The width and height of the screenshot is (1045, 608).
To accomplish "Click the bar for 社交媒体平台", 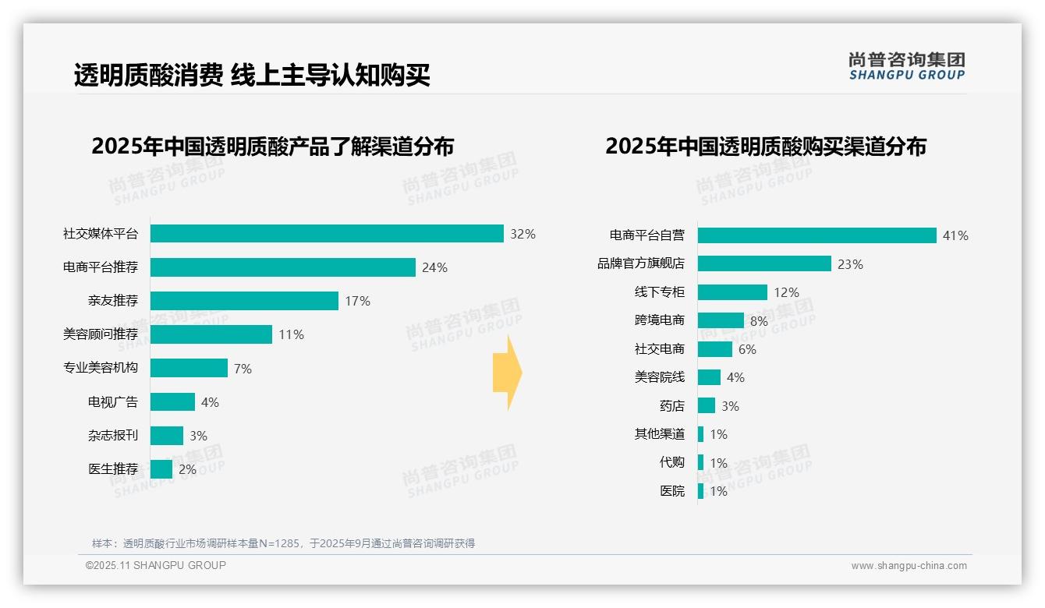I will click(x=327, y=234).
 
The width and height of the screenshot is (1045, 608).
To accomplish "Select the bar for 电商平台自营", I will click(x=817, y=235).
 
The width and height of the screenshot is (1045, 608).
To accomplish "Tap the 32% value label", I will click(x=522, y=234).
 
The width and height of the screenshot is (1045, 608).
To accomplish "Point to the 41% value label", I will click(x=955, y=235).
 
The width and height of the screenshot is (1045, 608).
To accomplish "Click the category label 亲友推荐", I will click(x=112, y=301).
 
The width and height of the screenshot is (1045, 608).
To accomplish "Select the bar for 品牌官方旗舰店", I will click(x=764, y=264).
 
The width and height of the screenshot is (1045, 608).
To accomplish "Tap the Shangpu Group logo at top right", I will click(x=906, y=66).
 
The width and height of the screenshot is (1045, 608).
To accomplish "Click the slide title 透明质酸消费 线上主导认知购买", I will click(x=252, y=76).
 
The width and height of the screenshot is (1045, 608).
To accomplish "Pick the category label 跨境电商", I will click(x=659, y=320).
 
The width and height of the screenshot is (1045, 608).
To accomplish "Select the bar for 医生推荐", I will click(x=161, y=469).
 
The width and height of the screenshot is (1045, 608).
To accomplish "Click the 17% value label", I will click(x=357, y=301).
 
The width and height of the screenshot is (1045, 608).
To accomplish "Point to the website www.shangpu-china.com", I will click(x=909, y=566).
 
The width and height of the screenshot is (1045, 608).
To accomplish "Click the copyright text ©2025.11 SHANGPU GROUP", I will click(x=155, y=565).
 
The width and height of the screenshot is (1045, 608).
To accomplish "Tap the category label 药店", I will click(x=671, y=406).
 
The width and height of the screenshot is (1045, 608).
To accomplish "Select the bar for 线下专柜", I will click(x=732, y=292).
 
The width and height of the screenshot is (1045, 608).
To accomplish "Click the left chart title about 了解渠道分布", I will click(x=272, y=147).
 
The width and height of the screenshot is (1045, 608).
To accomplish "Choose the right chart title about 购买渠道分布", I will click(x=765, y=147).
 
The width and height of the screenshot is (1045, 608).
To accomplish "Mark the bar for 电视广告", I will click(x=172, y=402).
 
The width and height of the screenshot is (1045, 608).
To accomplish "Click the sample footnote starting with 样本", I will click(x=283, y=543).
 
